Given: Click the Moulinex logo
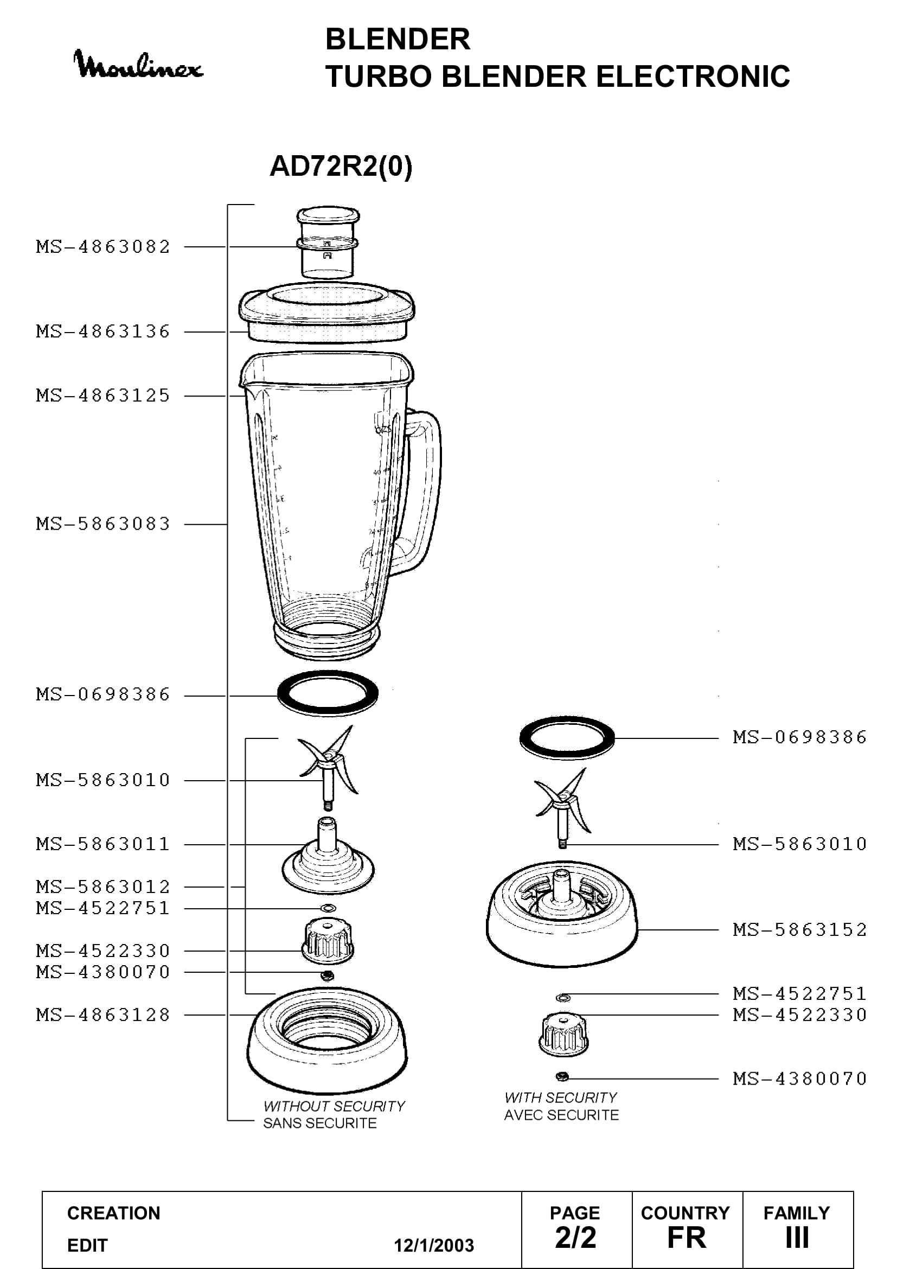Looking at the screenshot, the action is pos(138,65).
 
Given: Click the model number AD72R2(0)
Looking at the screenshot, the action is pos(341,166).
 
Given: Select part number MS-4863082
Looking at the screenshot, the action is pos(103,246).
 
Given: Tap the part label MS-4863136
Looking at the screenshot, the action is pos(103,331).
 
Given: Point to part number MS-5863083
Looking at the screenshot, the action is pos(103,524).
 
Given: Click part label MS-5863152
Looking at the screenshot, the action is pos(800,930).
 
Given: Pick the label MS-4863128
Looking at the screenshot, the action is pos(103,1015).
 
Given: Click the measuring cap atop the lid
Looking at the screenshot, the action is pos(328,242).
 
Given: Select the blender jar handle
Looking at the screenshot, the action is pos(422,492).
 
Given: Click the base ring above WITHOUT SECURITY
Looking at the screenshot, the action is pos(328,1041).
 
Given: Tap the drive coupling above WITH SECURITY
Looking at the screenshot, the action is pos(563,1035).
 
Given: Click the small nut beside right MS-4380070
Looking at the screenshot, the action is pos(562,1076).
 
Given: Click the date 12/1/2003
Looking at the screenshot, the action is pos(434,1245).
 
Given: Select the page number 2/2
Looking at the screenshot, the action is pos(575,1238).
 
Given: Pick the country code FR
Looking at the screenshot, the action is pos(687,1238).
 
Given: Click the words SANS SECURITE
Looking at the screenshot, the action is pos(320,1123).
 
